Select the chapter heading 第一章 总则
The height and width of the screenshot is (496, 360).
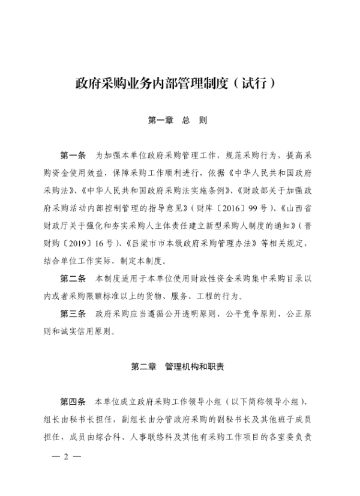pyautogui.click(x=178, y=120)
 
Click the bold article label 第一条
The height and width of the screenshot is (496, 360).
pyautogui.click(x=74, y=155)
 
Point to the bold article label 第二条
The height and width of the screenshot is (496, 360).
pyautogui.click(x=74, y=280)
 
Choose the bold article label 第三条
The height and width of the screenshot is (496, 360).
pyautogui.click(x=74, y=314)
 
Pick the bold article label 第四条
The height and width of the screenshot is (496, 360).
pyautogui.click(x=74, y=401)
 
